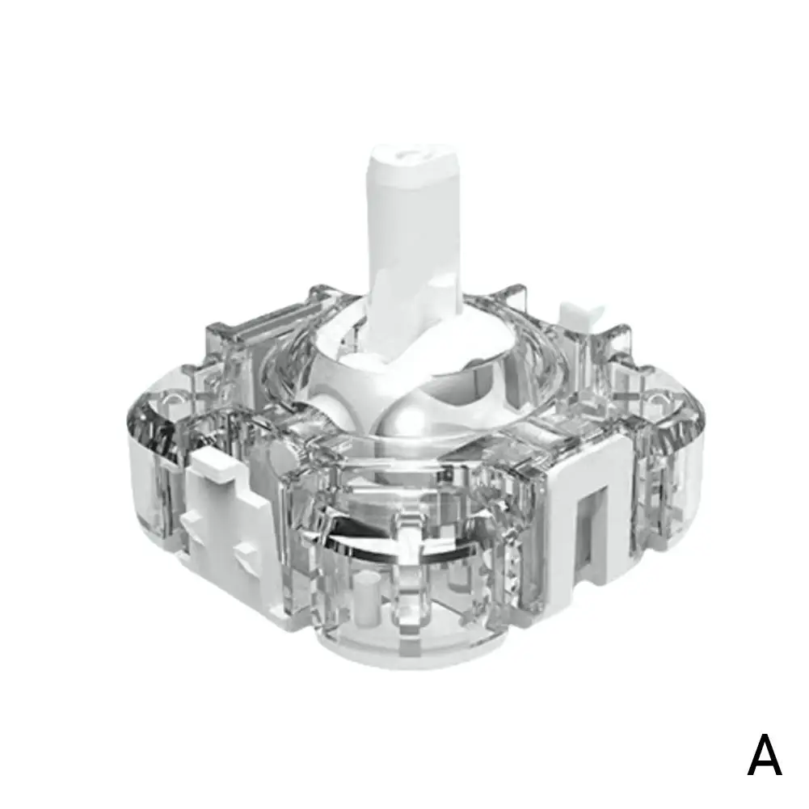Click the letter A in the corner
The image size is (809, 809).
764,756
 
